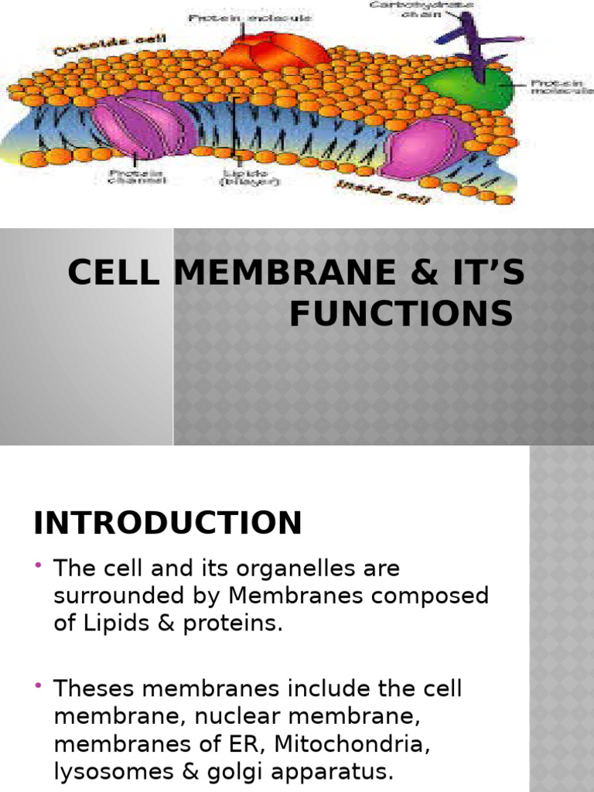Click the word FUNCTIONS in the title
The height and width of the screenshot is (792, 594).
401,314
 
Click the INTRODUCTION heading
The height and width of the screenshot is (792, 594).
167,524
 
